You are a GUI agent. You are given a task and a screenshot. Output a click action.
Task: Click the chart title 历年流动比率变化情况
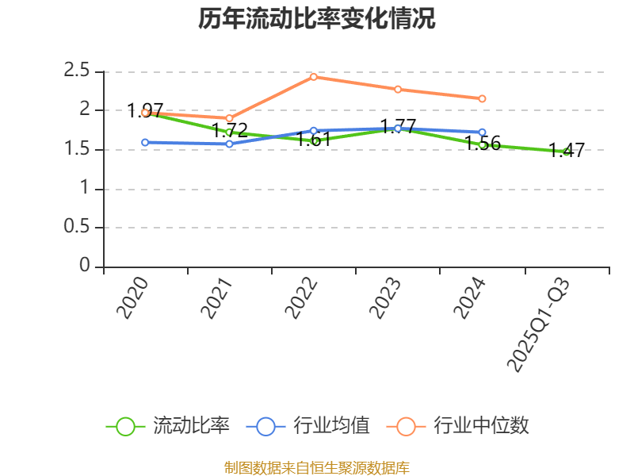[x=317, y=19]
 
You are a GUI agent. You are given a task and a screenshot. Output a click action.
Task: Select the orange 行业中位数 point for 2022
[x=314, y=77]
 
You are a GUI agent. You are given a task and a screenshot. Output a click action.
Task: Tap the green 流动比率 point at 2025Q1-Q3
[x=566, y=152]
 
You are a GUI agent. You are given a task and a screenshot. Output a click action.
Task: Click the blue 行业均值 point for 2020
[x=145, y=143]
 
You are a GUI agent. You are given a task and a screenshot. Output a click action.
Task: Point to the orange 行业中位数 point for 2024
[x=482, y=98]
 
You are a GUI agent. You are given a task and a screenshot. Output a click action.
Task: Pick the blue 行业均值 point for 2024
[x=482, y=132]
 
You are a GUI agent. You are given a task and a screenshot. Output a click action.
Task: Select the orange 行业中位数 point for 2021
[x=230, y=118]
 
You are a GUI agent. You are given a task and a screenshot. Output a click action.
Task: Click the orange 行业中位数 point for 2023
[x=398, y=89]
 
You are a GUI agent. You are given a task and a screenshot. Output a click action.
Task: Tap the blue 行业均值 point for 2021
[x=230, y=144]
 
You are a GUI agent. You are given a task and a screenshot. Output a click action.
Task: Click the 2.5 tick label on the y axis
[x=78, y=71]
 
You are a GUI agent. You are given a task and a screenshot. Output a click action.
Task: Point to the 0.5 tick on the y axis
[x=78, y=228]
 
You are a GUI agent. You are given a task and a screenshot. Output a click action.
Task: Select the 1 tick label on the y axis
[x=86, y=189]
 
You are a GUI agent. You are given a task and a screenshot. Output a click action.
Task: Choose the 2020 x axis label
[x=132, y=298]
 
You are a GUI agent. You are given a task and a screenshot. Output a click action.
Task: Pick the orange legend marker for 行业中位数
[x=407, y=426]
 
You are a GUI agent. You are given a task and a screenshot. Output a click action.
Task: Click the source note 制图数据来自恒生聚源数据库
[x=317, y=468]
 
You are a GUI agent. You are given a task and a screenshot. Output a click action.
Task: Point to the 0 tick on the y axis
[x=86, y=267]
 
